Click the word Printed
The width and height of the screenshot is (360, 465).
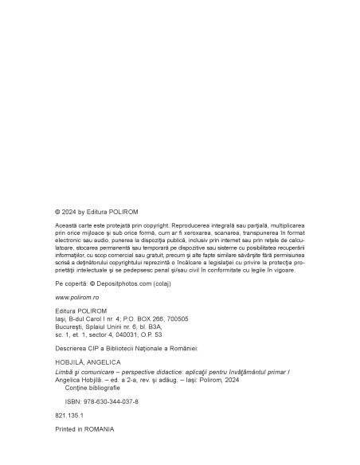click(67, 429)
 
